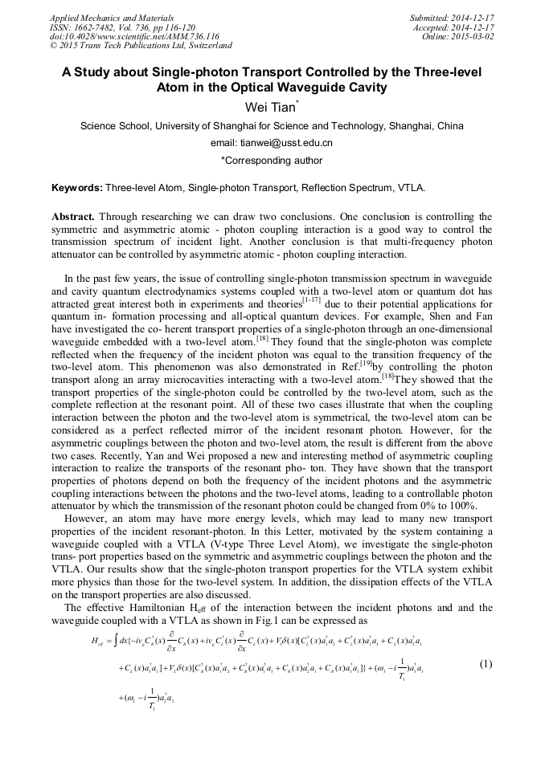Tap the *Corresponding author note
(272, 161)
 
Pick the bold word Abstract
(73, 217)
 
